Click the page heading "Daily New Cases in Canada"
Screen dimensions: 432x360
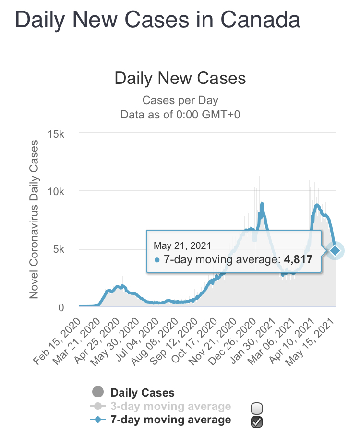[158, 20]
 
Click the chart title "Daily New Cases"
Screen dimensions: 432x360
[180, 78]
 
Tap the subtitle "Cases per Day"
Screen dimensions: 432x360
[180, 101]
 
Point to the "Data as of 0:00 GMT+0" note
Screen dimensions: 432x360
[180, 114]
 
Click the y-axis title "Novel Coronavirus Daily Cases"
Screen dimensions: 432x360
[34, 220]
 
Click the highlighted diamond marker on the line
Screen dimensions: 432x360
[335, 250]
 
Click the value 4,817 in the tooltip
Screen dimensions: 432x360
[298, 260]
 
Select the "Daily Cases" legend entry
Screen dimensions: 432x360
[142, 393]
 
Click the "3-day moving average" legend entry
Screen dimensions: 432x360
[170, 407]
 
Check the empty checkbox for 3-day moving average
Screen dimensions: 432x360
[257, 408]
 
